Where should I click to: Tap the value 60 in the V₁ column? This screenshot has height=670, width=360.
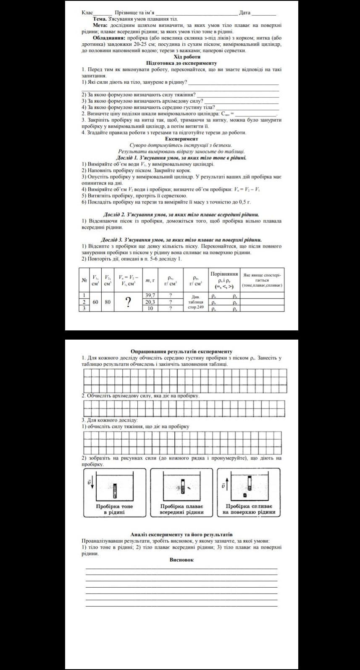coord(96,302)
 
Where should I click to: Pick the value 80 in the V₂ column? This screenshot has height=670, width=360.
coord(108,302)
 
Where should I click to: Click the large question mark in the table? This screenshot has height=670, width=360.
coord(128,302)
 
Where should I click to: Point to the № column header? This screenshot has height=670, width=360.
coord(84,280)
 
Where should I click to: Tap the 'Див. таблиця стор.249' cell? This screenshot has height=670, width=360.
coord(195,302)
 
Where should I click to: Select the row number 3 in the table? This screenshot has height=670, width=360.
coord(84,308)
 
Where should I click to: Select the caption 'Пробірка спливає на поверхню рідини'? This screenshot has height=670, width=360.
coord(250,509)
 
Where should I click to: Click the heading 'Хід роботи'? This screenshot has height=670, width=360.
coord(187,57)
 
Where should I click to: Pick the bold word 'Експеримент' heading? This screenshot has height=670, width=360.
coord(181,139)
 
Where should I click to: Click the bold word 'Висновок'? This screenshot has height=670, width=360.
coord(181,560)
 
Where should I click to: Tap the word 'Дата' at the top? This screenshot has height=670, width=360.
coord(244,13)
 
